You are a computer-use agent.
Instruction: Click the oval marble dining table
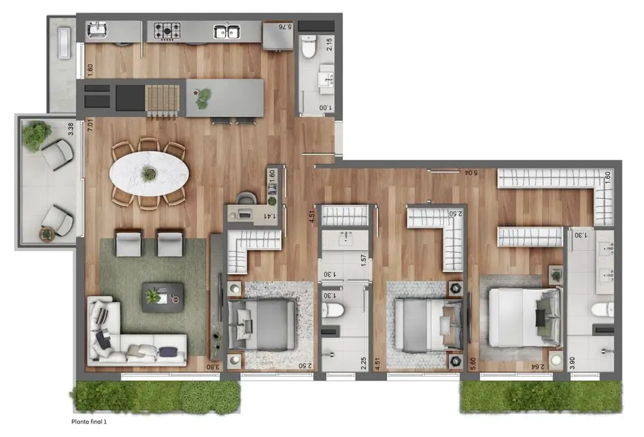150,173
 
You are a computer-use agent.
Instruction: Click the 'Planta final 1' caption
89,422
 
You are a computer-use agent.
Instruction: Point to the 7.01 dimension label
89,125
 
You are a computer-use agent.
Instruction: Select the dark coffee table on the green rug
162,296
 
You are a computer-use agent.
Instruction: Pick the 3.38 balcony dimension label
71,128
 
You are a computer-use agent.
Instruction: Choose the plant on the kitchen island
202,98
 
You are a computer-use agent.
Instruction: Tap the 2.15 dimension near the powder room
330,46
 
